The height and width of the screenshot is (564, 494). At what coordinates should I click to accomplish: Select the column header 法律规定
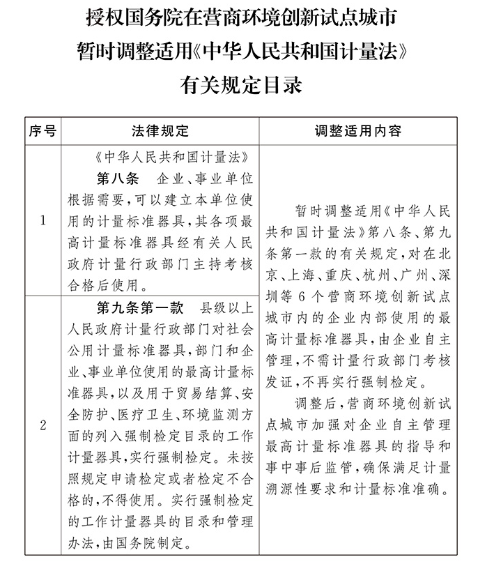(160, 131)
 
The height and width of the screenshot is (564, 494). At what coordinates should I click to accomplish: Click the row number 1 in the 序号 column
(43, 222)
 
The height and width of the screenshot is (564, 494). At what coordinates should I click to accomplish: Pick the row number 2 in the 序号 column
(43, 425)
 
